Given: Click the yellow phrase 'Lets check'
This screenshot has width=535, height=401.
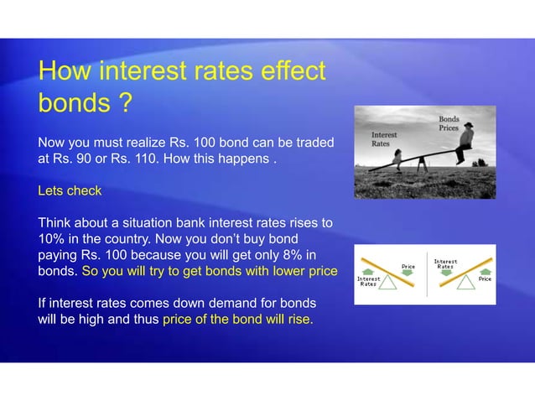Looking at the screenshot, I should click(70, 190).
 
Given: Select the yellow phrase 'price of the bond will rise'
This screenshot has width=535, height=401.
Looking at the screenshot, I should click(236, 320).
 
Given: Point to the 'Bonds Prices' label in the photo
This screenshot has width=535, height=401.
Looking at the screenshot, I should click(449, 125).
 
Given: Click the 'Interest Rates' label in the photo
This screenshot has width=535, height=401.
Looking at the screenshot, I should click(385, 138).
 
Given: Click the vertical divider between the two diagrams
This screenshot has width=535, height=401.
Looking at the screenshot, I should click(427, 273).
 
